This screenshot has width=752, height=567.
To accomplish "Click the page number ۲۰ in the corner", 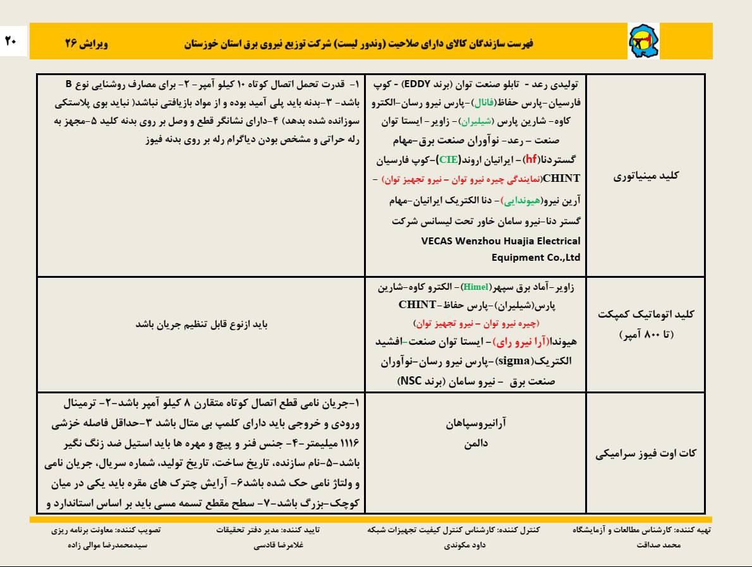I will point(11,41).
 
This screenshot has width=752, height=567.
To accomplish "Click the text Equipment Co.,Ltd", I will point(536,258).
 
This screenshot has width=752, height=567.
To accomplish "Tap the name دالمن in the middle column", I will point(475,444).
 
